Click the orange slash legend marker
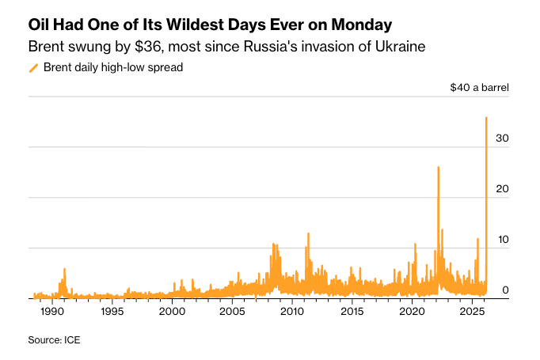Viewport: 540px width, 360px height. point(33,68)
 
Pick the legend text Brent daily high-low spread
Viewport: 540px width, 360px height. point(113,68)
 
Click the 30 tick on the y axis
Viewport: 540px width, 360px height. point(502,138)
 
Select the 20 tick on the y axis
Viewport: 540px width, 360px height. point(502,189)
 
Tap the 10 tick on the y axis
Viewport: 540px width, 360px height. point(502,240)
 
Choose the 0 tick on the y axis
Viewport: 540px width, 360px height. point(505,290)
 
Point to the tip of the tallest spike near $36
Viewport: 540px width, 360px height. point(486,118)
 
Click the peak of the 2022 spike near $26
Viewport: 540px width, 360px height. point(438,167)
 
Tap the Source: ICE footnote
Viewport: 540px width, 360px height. point(54,339)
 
